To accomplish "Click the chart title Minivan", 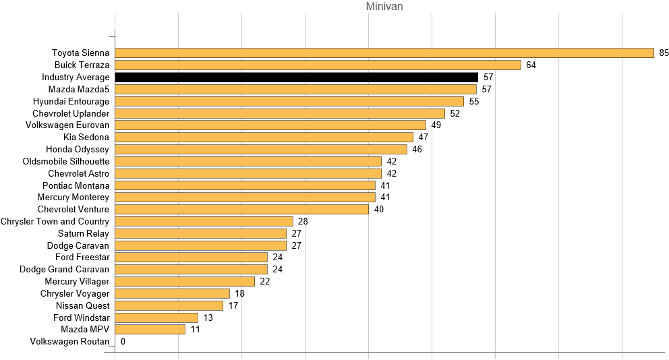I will click(384, 7).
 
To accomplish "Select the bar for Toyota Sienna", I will click(384, 53).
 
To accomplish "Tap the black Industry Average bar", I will click(297, 78).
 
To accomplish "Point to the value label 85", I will click(664, 53).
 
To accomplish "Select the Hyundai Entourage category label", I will click(71, 101).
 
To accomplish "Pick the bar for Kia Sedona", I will click(264, 138).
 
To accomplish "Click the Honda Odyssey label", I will click(78, 149).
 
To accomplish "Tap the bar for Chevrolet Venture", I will click(242, 210).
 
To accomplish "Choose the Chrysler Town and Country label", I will click(55, 221).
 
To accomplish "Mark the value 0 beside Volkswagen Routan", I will click(123, 342).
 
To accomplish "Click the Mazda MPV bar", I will click(150, 330).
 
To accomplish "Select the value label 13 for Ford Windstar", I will click(208, 318).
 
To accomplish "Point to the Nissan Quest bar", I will click(169, 305).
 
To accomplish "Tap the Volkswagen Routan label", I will click(69, 342).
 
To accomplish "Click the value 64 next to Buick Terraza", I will click(531, 65).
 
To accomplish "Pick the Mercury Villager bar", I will click(185, 282).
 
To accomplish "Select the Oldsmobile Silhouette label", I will click(65, 161).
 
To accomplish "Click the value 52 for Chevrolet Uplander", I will click(455, 113).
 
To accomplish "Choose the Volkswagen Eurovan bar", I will click(270, 125).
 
